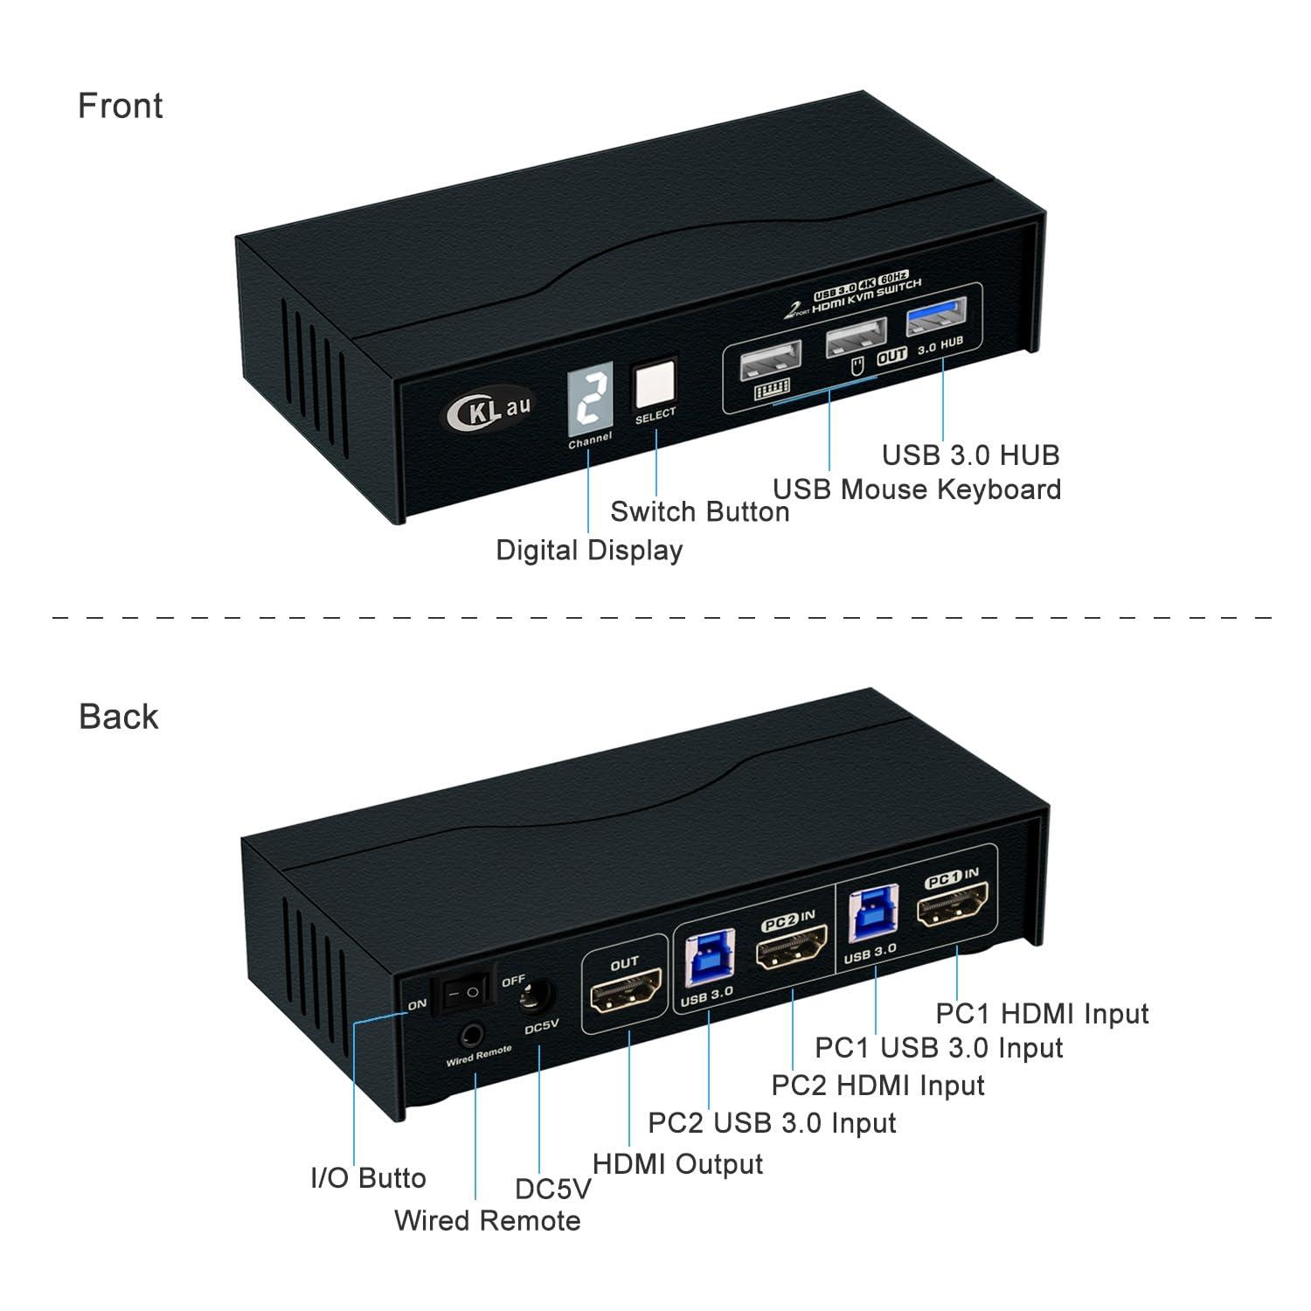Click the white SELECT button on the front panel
655,383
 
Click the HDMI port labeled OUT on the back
626,998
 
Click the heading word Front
121,106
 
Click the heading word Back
119,717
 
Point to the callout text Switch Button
699,511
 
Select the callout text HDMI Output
677,1164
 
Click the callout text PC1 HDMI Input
1042,1014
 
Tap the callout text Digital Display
589,550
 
